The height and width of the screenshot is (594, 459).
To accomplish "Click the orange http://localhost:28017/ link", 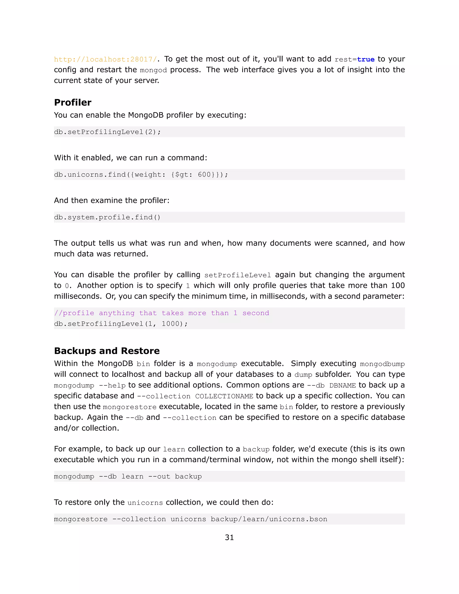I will [106, 59].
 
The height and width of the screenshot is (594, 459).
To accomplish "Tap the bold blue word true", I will [366, 59].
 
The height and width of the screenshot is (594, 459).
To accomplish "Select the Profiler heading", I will [73, 102].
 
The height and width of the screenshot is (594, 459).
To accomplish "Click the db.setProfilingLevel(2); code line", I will [107, 132].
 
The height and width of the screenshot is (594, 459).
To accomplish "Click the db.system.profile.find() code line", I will [107, 217].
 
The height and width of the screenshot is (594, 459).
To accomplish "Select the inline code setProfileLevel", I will [237, 275].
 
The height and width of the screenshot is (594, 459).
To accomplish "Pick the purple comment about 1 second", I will [162, 313].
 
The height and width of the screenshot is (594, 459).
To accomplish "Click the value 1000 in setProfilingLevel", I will [171, 324].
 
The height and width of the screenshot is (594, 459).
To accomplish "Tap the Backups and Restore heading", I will [107, 351].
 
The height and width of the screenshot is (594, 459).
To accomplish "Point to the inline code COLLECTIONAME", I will [224, 396].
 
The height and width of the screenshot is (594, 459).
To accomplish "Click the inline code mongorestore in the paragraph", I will [130, 407].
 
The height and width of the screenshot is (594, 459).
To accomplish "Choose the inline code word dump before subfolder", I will [303, 375].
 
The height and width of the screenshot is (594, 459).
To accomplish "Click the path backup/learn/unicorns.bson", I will [269, 519].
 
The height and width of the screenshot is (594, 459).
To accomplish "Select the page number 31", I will [229, 538].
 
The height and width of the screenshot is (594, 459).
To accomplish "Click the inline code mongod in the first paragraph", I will [153, 70].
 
